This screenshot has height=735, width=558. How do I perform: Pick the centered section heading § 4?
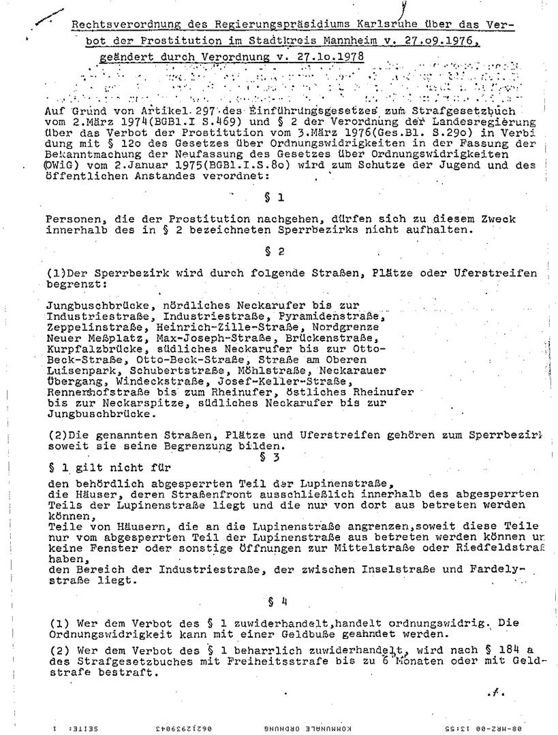(271, 601)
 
